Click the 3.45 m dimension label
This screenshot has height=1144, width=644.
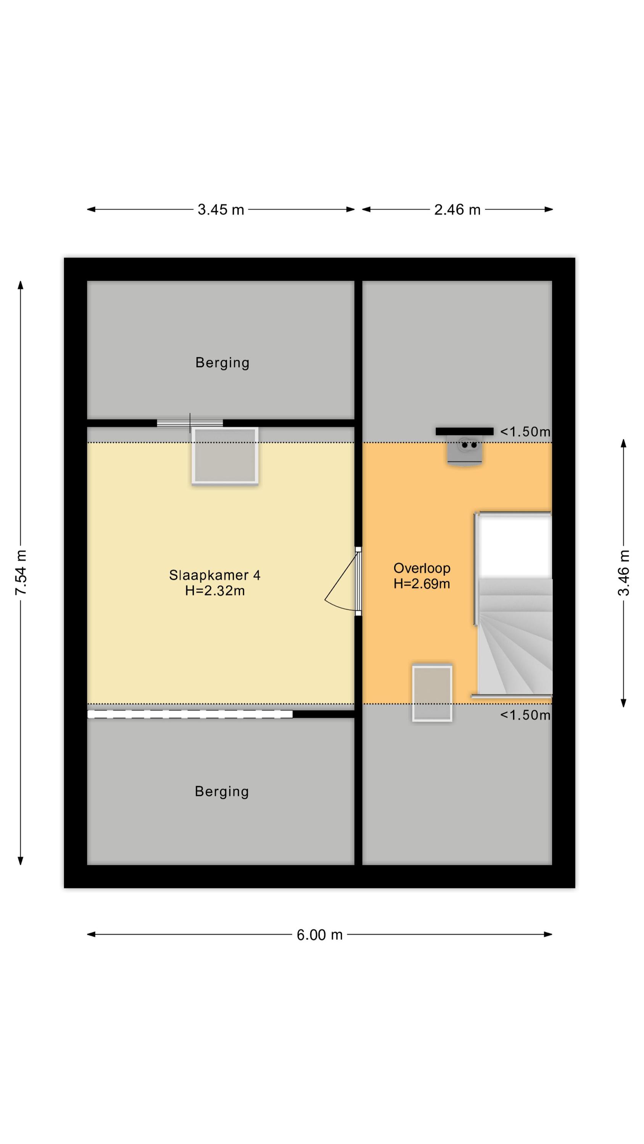pos(221,210)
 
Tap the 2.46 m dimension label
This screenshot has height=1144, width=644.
pos(457,210)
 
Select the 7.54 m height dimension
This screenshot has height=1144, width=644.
pos(21,572)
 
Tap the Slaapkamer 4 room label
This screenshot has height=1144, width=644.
pos(215,575)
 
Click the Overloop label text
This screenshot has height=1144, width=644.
pos(422,568)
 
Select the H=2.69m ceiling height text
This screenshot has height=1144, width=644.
pos(422,583)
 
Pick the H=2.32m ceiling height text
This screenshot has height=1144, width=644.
pos(215,591)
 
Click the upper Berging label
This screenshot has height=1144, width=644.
pos(222,363)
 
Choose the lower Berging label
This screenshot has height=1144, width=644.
pos(222,791)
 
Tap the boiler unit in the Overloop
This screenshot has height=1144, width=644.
pos(464,450)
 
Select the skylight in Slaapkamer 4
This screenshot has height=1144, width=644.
pos(225,456)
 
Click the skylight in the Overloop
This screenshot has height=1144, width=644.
pos(432,693)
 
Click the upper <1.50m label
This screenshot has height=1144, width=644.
pos(525,432)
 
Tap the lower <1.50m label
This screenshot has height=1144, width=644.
pos(525,715)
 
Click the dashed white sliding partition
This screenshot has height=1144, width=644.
pos(190,714)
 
